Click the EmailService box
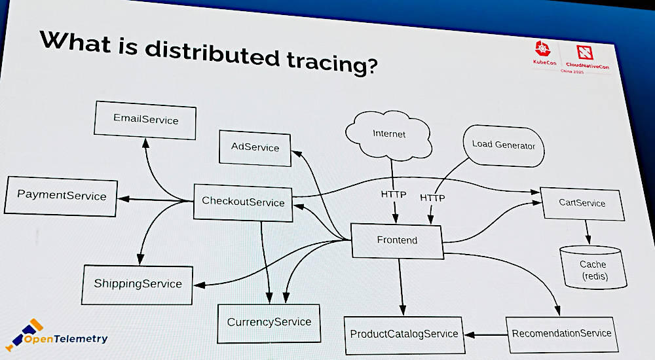pyautogui.click(x=145, y=119)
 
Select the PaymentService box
pyautogui.click(x=62, y=196)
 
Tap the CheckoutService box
pyautogui.click(x=243, y=202)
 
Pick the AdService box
pyautogui.click(x=255, y=147)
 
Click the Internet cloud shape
pyautogui.click(x=389, y=134)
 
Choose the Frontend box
pyautogui.click(x=397, y=240)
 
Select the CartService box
pyautogui.click(x=582, y=203)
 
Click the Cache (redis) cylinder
pyautogui.click(x=592, y=268)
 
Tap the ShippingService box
pyautogui.click(x=138, y=284)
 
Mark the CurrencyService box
pyautogui.click(x=269, y=322)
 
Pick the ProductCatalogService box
pyautogui.click(x=403, y=334)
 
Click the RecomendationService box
pyautogui.click(x=561, y=333)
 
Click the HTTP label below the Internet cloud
pyautogui.click(x=394, y=194)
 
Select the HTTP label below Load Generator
pyautogui.click(x=432, y=197)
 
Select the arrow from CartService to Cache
pyautogui.click(x=587, y=231)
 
